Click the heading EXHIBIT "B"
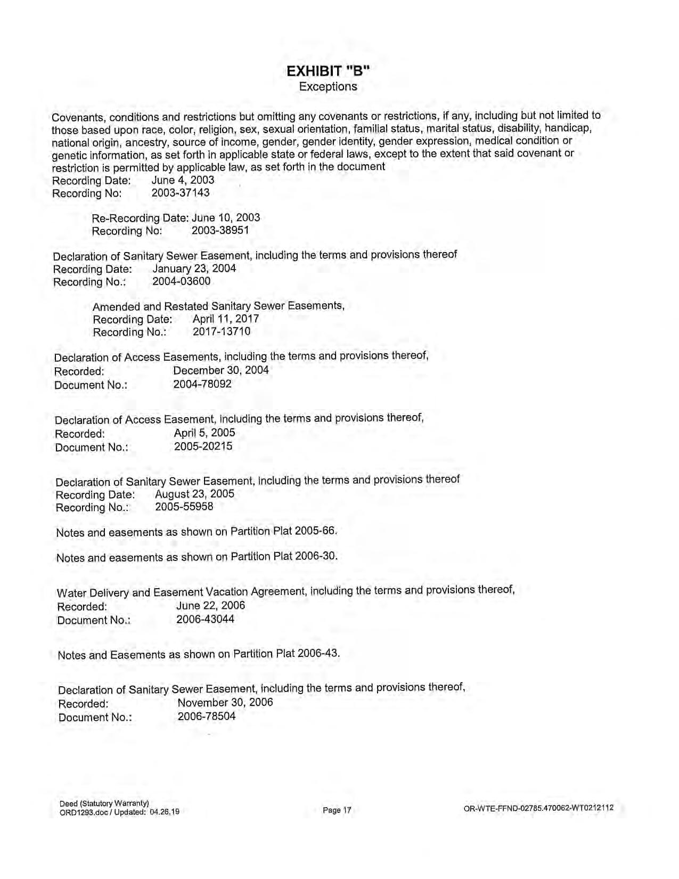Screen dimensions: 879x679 click(x=328, y=71)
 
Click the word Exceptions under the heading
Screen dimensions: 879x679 click(x=328, y=86)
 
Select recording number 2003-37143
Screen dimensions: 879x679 click(x=181, y=193)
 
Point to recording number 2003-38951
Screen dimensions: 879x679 click(x=220, y=230)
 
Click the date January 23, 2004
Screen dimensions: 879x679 click(x=194, y=268)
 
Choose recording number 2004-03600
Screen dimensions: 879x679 click(x=182, y=281)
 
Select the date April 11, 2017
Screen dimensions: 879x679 click(x=226, y=319)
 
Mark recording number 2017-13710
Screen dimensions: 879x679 click(x=222, y=331)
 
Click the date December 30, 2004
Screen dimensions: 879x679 click(x=221, y=370)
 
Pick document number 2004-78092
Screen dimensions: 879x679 click(x=202, y=384)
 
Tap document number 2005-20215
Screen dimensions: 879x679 click(x=203, y=446)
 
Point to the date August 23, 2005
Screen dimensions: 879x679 click(x=194, y=493)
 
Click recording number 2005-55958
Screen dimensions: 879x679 click(x=184, y=506)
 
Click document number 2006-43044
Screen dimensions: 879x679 click(x=205, y=619)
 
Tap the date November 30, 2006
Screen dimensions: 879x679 click(x=225, y=702)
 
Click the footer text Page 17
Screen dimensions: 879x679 click(x=337, y=810)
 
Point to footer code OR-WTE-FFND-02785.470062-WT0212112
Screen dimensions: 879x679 click(x=538, y=808)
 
